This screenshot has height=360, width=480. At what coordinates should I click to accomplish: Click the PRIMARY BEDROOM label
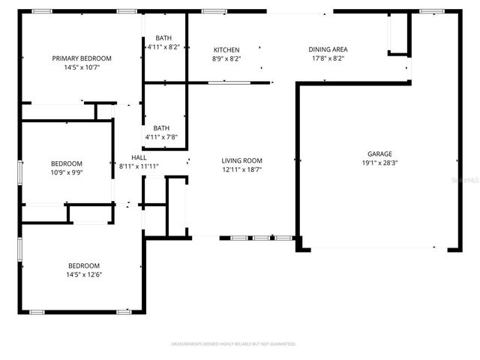tap(82, 58)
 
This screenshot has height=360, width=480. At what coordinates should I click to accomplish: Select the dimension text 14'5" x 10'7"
tap(82, 67)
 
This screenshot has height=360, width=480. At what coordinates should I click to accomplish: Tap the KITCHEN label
tap(226, 49)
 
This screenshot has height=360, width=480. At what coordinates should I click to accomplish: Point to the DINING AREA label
tap(328, 49)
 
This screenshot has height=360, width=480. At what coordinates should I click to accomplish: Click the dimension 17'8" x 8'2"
tap(328, 58)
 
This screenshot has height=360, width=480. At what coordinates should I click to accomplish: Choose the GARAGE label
tap(379, 153)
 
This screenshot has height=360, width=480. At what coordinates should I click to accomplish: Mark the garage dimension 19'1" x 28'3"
tap(379, 162)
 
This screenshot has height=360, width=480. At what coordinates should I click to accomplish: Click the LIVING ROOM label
tap(241, 160)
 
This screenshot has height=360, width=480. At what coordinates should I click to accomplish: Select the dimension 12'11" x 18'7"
tap(241, 169)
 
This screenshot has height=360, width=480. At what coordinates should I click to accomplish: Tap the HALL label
tap(139, 157)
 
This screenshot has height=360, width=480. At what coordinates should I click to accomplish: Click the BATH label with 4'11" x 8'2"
tap(163, 38)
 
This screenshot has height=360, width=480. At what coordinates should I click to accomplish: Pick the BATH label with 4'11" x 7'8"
tap(161, 128)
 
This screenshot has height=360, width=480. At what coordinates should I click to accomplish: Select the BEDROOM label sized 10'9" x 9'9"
tap(67, 163)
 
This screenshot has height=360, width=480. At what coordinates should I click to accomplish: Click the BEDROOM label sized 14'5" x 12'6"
tap(84, 265)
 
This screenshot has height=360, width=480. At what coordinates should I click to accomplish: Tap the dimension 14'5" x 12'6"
tap(84, 274)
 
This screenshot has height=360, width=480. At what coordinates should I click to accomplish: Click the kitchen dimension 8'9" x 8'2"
tap(226, 58)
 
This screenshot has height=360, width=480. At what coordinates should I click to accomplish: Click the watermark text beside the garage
tap(470, 181)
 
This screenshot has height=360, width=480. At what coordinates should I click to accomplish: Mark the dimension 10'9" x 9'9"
tap(67, 172)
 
